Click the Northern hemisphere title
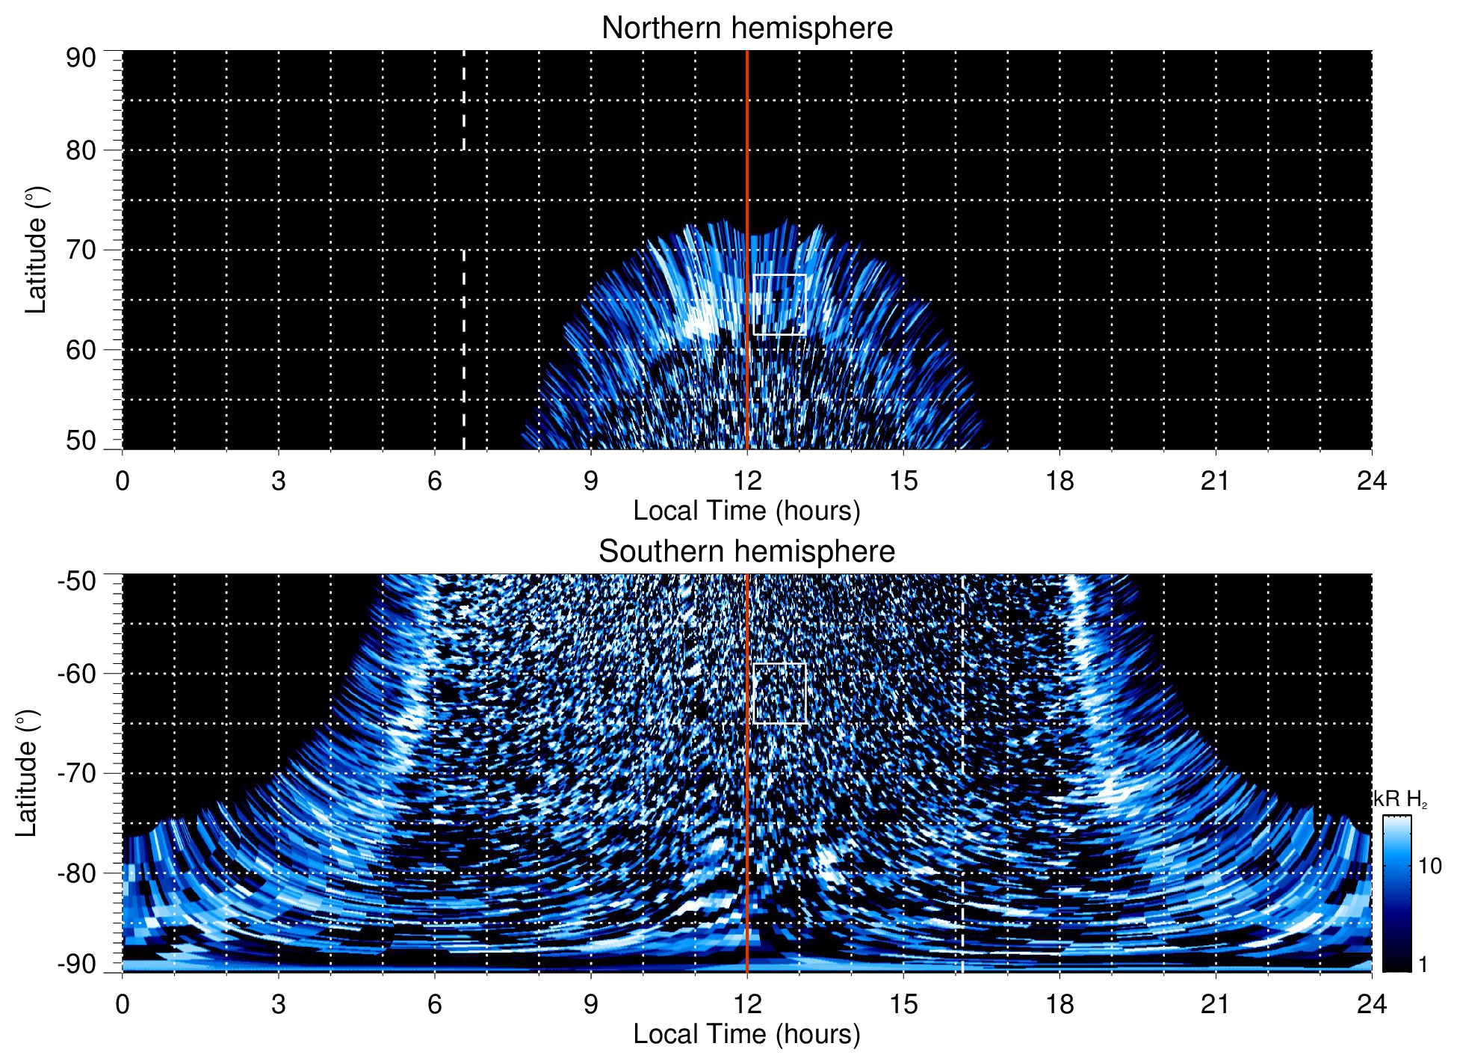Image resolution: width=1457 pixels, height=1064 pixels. pos(746,28)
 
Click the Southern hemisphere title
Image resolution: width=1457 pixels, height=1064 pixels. pos(746,552)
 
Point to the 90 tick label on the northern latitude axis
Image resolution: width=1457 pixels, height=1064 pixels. pos(81,58)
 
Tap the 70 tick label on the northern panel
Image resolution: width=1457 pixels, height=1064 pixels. pos(81,250)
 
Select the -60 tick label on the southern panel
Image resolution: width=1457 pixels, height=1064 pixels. pos(77,673)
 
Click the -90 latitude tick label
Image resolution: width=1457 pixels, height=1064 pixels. pos(77,965)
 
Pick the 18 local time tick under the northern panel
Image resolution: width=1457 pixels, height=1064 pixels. pos(1060,481)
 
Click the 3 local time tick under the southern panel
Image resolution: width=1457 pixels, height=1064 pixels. pos(278,1004)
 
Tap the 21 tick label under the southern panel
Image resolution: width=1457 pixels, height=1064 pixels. pos(1215,1004)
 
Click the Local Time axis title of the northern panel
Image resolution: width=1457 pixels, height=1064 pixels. pos(746,511)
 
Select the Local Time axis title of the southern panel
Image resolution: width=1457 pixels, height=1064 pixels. pos(746,1034)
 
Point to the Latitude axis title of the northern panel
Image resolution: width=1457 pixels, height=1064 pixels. pos(36,250)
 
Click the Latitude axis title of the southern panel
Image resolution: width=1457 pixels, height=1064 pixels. pos(27,773)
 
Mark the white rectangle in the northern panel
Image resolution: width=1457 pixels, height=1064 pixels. pos(779,304)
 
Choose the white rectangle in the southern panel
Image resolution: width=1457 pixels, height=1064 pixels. pos(779,693)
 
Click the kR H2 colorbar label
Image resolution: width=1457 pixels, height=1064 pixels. pos(1400,799)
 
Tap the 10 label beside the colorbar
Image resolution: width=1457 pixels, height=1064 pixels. pos(1429,867)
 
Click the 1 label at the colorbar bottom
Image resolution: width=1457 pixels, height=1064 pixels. pos(1423,965)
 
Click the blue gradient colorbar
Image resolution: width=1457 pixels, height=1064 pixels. pos(1396,894)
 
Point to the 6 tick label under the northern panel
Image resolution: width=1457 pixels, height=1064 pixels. pos(434,481)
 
